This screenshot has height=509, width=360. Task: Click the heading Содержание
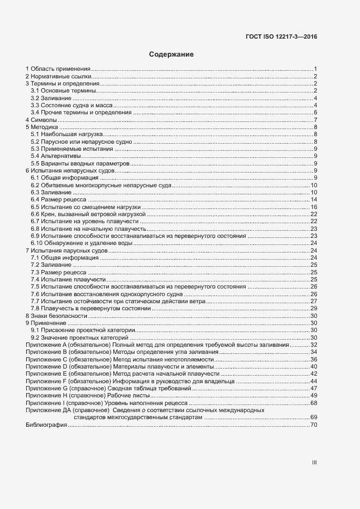172,54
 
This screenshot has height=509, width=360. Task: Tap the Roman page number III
314,462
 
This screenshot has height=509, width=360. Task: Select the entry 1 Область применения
58,69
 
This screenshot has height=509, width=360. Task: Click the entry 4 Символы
41,120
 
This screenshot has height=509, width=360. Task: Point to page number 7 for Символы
315,120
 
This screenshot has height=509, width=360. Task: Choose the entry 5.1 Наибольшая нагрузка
67,134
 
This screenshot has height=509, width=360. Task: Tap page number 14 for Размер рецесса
314,200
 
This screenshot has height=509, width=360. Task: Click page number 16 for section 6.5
314,207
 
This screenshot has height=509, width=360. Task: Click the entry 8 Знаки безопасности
56,316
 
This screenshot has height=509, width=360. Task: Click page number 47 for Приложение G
314,388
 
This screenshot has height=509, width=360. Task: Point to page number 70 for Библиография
314,425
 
